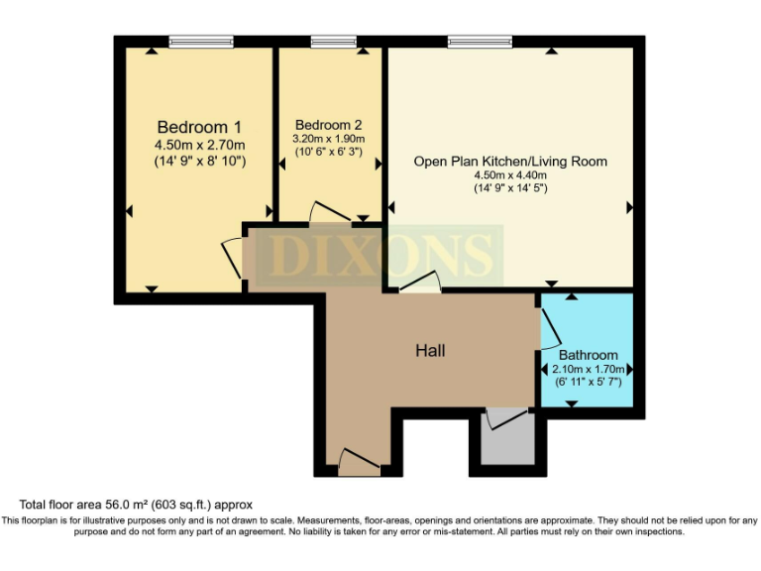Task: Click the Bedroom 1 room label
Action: coord(199,127)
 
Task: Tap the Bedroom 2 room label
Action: coord(329,125)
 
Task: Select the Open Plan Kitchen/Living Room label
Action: coord(510,161)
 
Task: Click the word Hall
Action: coord(430,351)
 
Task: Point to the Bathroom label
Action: coord(588,355)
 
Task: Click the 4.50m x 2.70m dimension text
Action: coord(199,145)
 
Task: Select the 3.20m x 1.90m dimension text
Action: coord(329,140)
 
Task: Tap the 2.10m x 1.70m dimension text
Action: coord(588,369)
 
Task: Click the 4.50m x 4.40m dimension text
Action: coord(510,175)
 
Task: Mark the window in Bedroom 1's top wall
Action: coord(201,42)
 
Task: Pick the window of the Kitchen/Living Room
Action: coord(480,42)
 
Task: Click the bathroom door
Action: coord(548,326)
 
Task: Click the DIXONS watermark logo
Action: coord(381,255)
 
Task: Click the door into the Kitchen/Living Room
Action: coord(416,282)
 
